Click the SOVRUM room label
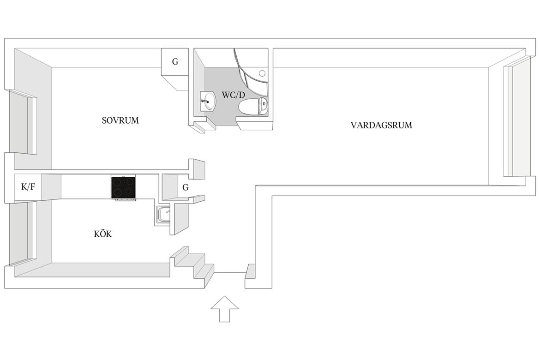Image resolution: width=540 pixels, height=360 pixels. (x=120, y=120)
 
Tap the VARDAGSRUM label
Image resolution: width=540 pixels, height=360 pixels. (x=381, y=125)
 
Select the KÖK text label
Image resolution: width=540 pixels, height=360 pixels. (x=102, y=234)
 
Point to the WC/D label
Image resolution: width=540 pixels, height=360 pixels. (x=234, y=95)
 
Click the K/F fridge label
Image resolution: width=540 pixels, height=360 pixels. (x=28, y=187)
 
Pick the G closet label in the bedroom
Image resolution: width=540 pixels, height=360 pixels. (x=175, y=62)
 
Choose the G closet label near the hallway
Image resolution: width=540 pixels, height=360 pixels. (x=185, y=187)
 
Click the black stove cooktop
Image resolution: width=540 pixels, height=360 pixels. (x=123, y=187)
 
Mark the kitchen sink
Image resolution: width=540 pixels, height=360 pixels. (x=163, y=214)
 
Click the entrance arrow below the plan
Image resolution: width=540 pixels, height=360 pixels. (x=225, y=309)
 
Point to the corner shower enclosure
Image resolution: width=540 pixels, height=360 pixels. (x=251, y=73)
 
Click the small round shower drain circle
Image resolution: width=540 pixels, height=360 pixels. (x=263, y=73)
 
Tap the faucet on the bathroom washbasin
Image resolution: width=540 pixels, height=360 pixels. (x=205, y=101)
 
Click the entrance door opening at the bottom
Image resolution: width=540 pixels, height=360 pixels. (x=230, y=272)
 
